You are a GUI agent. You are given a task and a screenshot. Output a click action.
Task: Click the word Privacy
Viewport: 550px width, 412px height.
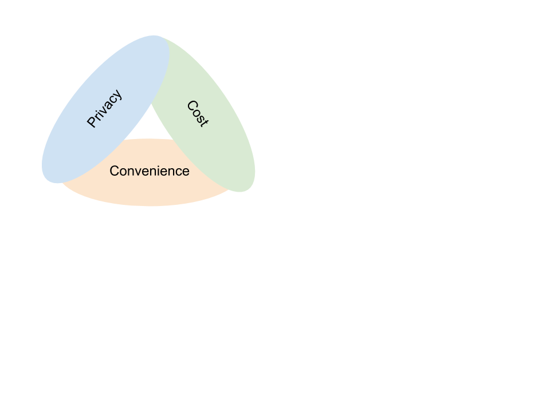(x=104, y=108)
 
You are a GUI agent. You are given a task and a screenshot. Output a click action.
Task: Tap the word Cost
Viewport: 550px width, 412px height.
(x=198, y=113)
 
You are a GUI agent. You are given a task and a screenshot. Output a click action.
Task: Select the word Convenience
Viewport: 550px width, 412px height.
(x=149, y=171)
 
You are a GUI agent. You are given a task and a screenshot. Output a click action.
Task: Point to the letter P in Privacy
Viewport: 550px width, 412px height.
(x=92, y=122)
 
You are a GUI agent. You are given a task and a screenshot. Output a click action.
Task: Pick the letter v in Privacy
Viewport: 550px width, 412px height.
(x=103, y=110)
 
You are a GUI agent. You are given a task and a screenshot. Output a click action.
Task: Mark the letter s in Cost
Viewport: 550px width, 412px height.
(x=200, y=118)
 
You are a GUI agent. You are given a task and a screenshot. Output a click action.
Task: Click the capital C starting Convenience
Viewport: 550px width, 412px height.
(x=114, y=171)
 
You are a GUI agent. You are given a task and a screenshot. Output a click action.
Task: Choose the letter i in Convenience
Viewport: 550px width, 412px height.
(x=163, y=171)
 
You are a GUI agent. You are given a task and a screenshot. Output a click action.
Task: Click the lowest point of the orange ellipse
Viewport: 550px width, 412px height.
(x=150, y=205)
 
